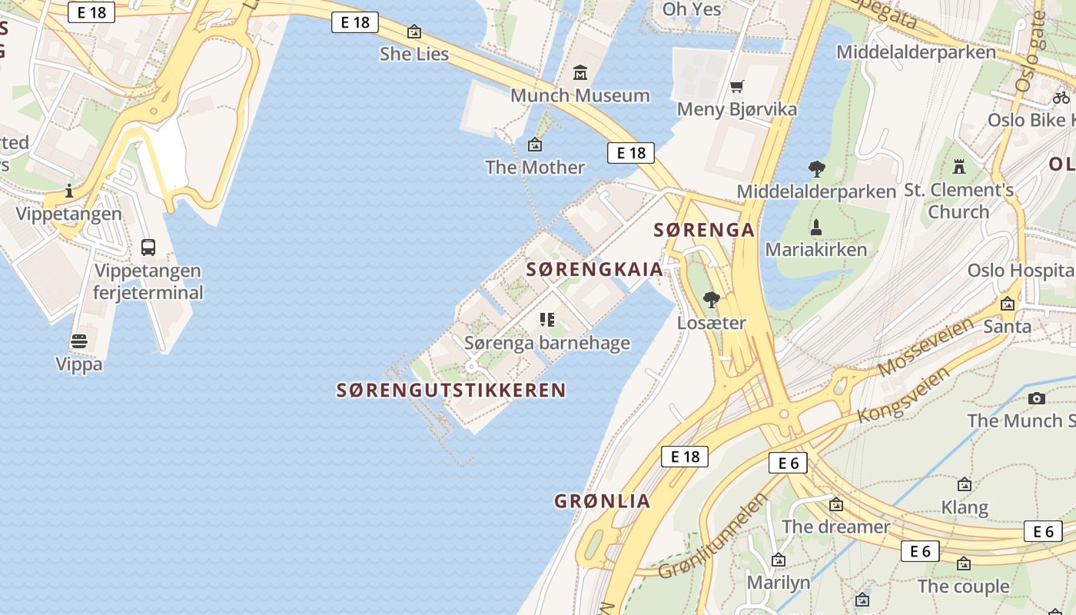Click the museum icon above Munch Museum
coord(580,73)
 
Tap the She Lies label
coord(414,53)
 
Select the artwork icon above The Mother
coord(535,145)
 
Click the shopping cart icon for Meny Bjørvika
coord(737,86)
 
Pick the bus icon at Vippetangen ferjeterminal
coord(148,248)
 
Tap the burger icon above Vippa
coord(79,341)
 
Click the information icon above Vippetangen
coord(69,191)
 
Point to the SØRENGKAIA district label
coord(595,269)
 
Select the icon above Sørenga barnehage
coord(547,320)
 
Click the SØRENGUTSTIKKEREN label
coord(451,391)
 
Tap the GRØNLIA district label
coord(603,501)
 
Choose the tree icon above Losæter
coord(712,300)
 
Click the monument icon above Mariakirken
coord(816,228)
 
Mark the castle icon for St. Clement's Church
coord(958,166)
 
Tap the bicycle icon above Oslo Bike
coord(1061,98)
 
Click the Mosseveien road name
coord(925,346)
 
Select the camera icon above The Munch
coord(1037,398)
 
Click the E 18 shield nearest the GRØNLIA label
coord(684,457)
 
